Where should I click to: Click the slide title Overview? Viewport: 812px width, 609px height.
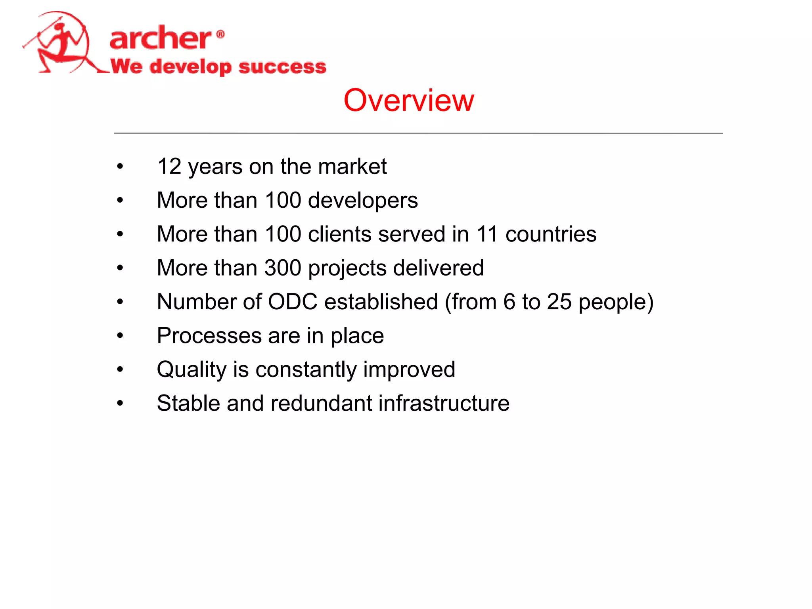click(408, 100)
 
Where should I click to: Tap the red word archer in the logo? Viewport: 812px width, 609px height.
click(160, 38)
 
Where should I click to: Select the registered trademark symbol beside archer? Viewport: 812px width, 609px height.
click(221, 34)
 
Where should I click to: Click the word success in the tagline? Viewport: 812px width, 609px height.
click(282, 66)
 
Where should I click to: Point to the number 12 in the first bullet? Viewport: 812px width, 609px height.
click(169, 166)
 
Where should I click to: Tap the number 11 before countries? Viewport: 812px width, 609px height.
click(487, 234)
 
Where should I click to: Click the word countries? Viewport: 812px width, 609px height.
click(551, 234)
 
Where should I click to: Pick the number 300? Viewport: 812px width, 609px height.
click(283, 268)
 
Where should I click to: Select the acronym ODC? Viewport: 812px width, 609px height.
click(293, 302)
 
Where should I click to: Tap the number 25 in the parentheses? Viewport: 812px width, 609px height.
click(559, 302)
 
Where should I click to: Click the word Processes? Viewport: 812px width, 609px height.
click(209, 336)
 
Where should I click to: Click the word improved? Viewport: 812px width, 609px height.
click(409, 370)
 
